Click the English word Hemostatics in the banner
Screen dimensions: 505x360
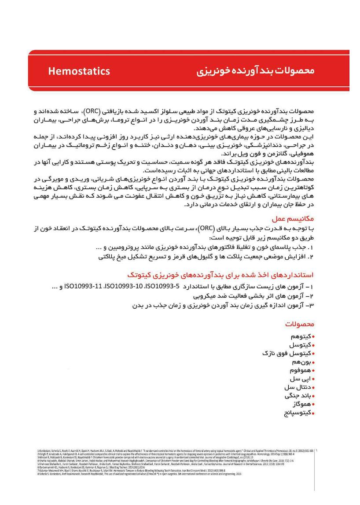pos(79,71)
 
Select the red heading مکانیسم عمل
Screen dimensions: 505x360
pos(295,218)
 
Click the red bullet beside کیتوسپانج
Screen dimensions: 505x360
pos(313,413)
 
